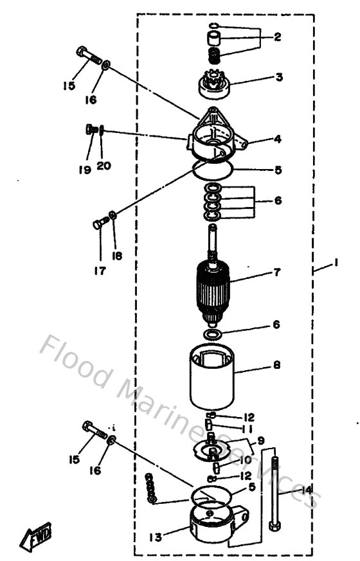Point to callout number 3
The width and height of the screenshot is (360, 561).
[278, 78]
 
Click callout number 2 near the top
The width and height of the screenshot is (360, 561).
[278, 37]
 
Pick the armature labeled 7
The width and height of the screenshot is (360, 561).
[213, 285]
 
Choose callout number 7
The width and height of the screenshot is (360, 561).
[277, 272]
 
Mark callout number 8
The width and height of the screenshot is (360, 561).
[277, 365]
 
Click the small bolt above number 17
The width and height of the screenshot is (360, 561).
[100, 224]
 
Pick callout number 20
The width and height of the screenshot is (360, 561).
[104, 165]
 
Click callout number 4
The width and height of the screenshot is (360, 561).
[278, 139]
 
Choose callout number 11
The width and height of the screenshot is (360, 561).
[248, 428]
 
